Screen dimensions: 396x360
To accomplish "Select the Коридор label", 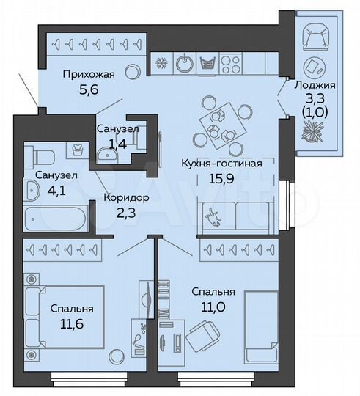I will click(x=126, y=198).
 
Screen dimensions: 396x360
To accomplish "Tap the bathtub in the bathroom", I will click(x=56, y=218).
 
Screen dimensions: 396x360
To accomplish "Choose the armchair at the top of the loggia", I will click(x=317, y=34).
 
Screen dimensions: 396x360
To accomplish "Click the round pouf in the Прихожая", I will click(x=132, y=72).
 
